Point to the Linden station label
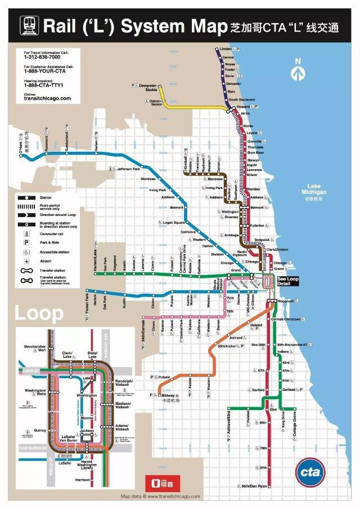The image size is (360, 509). point(225,49)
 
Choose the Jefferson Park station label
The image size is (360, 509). point(133,169)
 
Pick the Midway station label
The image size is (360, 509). point(169,395)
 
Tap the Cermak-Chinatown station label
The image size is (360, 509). point(287,319)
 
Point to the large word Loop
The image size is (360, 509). point(39,314)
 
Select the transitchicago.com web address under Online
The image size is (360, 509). point(47,98)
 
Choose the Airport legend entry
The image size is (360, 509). point(45,261)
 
